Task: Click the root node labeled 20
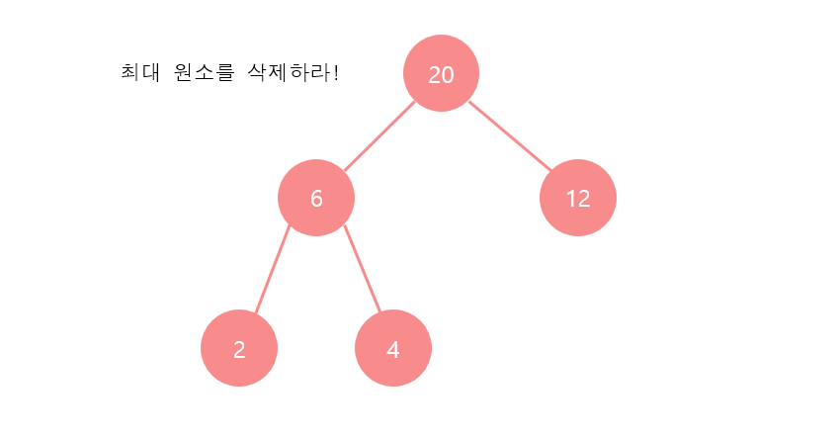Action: click(441, 73)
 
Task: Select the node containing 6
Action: click(316, 198)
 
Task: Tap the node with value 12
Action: click(578, 198)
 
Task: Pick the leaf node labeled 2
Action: click(239, 348)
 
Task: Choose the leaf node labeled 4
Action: click(393, 348)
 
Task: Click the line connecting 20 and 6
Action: click(378, 135)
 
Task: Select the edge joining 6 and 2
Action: click(272, 271)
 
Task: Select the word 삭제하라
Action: click(291, 73)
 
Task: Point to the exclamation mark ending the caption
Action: click(336, 73)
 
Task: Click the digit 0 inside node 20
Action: click(448, 74)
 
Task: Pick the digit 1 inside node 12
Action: click(571, 198)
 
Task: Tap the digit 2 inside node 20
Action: click(435, 74)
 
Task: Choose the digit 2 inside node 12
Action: click(584, 198)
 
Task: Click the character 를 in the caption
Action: click(225, 73)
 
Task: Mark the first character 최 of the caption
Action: click(128, 73)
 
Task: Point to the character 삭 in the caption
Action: click(258, 73)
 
